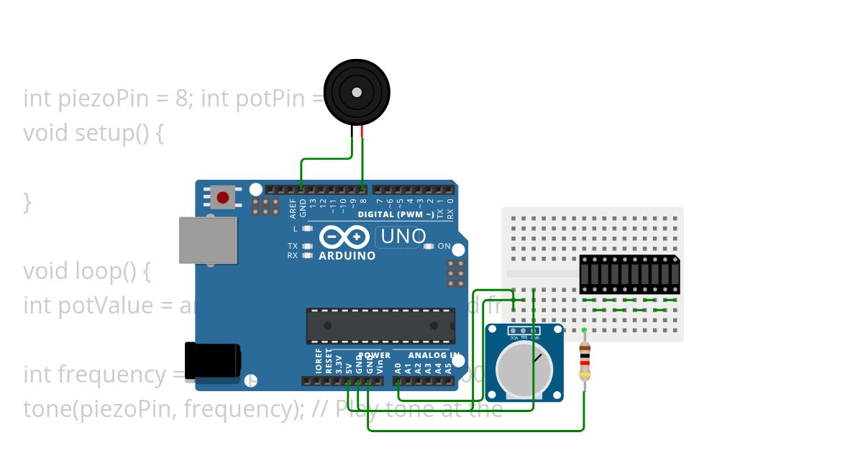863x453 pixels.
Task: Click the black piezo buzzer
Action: pos(357,92)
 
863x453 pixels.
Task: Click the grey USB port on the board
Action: pos(207,240)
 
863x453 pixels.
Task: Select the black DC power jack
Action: pos(212,360)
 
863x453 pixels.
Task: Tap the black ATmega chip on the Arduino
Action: pos(380,326)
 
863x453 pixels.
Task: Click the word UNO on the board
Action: pos(403,236)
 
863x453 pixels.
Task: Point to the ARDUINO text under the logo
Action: pos(347,256)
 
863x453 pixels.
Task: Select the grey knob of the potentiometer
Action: pos(524,367)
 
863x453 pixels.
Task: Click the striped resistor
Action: pos(585,361)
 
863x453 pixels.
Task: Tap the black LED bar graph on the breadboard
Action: pos(629,274)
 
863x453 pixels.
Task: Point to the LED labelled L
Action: pos(307,229)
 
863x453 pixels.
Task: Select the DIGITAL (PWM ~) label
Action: pos(396,214)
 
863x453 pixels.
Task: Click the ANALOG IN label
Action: pos(434,355)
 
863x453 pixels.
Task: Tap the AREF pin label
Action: pos(293,209)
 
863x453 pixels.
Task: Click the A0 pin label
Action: pos(398,367)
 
